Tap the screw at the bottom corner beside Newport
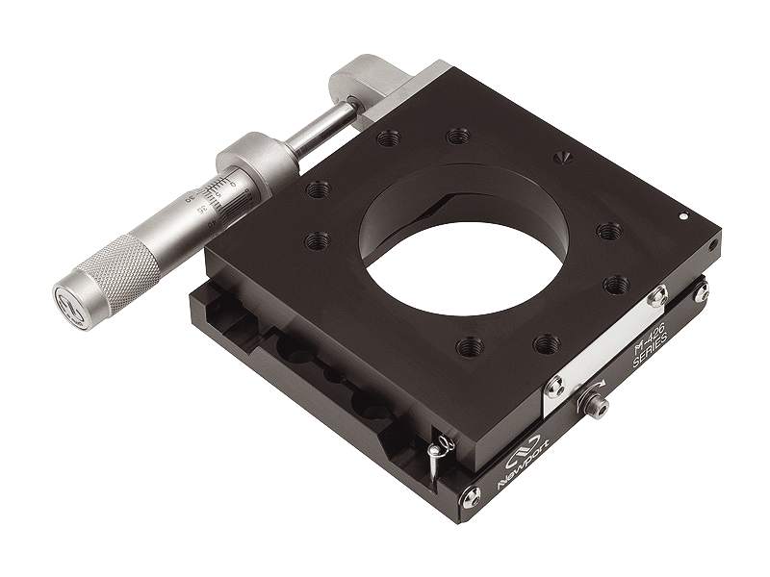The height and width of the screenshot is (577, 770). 471,497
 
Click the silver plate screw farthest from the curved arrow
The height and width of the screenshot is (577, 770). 658,296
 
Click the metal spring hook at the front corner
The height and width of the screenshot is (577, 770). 438,449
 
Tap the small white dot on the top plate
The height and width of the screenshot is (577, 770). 682,216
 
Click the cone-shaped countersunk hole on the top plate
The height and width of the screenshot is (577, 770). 565,156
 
